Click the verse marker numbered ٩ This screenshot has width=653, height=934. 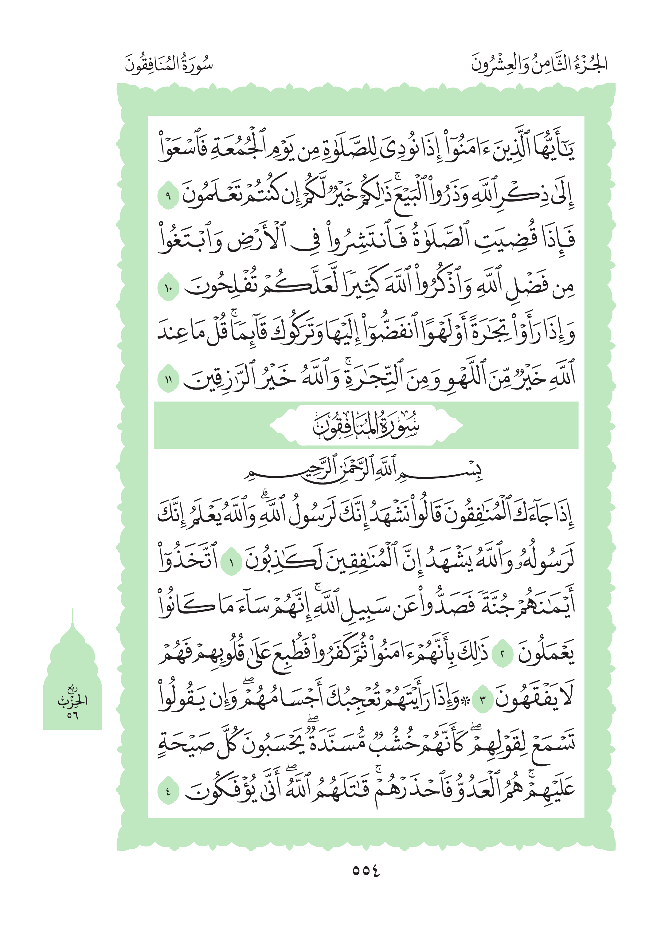168,197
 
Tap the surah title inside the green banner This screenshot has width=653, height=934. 366,426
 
